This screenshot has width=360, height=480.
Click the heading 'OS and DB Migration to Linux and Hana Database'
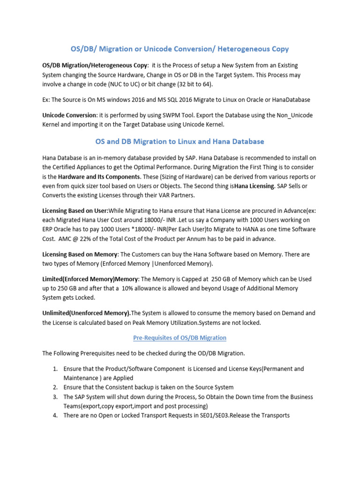point(180,141)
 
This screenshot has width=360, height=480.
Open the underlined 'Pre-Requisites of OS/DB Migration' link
point(180,337)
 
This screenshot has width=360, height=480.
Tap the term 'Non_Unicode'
point(294,115)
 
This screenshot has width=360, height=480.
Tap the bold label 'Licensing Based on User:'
point(75,211)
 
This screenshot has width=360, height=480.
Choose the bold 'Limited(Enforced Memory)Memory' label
point(90,279)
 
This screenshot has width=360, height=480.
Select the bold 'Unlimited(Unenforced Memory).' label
point(86,313)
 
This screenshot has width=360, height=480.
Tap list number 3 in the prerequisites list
point(55,397)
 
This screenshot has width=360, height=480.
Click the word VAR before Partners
point(162,195)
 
